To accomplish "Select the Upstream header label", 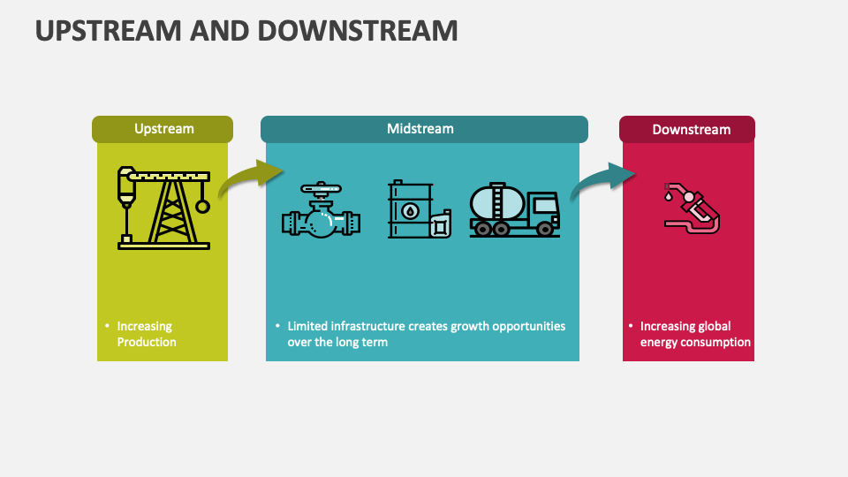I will point(163,129).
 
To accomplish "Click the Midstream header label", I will point(420,129).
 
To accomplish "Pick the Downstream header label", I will point(691,130).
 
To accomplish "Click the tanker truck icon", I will point(514,210).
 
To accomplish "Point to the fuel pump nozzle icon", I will point(692,207).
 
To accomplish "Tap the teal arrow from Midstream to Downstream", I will point(601,181).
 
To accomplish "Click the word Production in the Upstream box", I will point(147,342).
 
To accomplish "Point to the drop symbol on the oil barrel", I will point(411,212).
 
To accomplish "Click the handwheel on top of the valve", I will point(320,188).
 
